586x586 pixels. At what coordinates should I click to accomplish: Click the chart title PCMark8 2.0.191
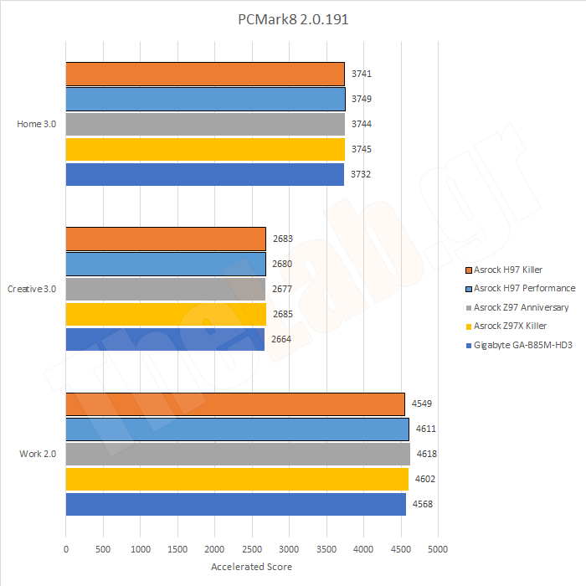(292, 19)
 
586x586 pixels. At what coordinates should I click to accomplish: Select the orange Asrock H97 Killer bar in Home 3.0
(205, 74)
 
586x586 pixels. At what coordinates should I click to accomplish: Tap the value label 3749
(362, 99)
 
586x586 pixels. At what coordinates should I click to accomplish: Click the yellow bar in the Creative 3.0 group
(166, 314)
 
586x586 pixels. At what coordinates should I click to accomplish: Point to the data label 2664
(282, 339)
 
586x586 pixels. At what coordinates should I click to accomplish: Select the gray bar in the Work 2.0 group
(238, 454)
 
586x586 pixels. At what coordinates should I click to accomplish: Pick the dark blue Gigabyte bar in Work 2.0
(235, 504)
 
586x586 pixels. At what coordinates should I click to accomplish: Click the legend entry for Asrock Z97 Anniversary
(521, 307)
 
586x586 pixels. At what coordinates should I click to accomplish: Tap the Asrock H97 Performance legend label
(524, 289)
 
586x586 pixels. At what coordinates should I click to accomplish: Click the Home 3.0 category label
(37, 124)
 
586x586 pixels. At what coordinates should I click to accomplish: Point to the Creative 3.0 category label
(32, 289)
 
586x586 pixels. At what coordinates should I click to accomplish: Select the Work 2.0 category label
(38, 454)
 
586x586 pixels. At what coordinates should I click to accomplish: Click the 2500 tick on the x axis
(251, 550)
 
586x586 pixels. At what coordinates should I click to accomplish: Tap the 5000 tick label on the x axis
(437, 550)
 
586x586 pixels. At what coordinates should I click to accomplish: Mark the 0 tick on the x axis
(66, 550)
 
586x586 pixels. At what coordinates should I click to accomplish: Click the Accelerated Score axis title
(251, 567)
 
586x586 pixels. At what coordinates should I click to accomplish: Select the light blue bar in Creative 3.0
(166, 264)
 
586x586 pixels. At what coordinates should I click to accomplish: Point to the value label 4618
(427, 454)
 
